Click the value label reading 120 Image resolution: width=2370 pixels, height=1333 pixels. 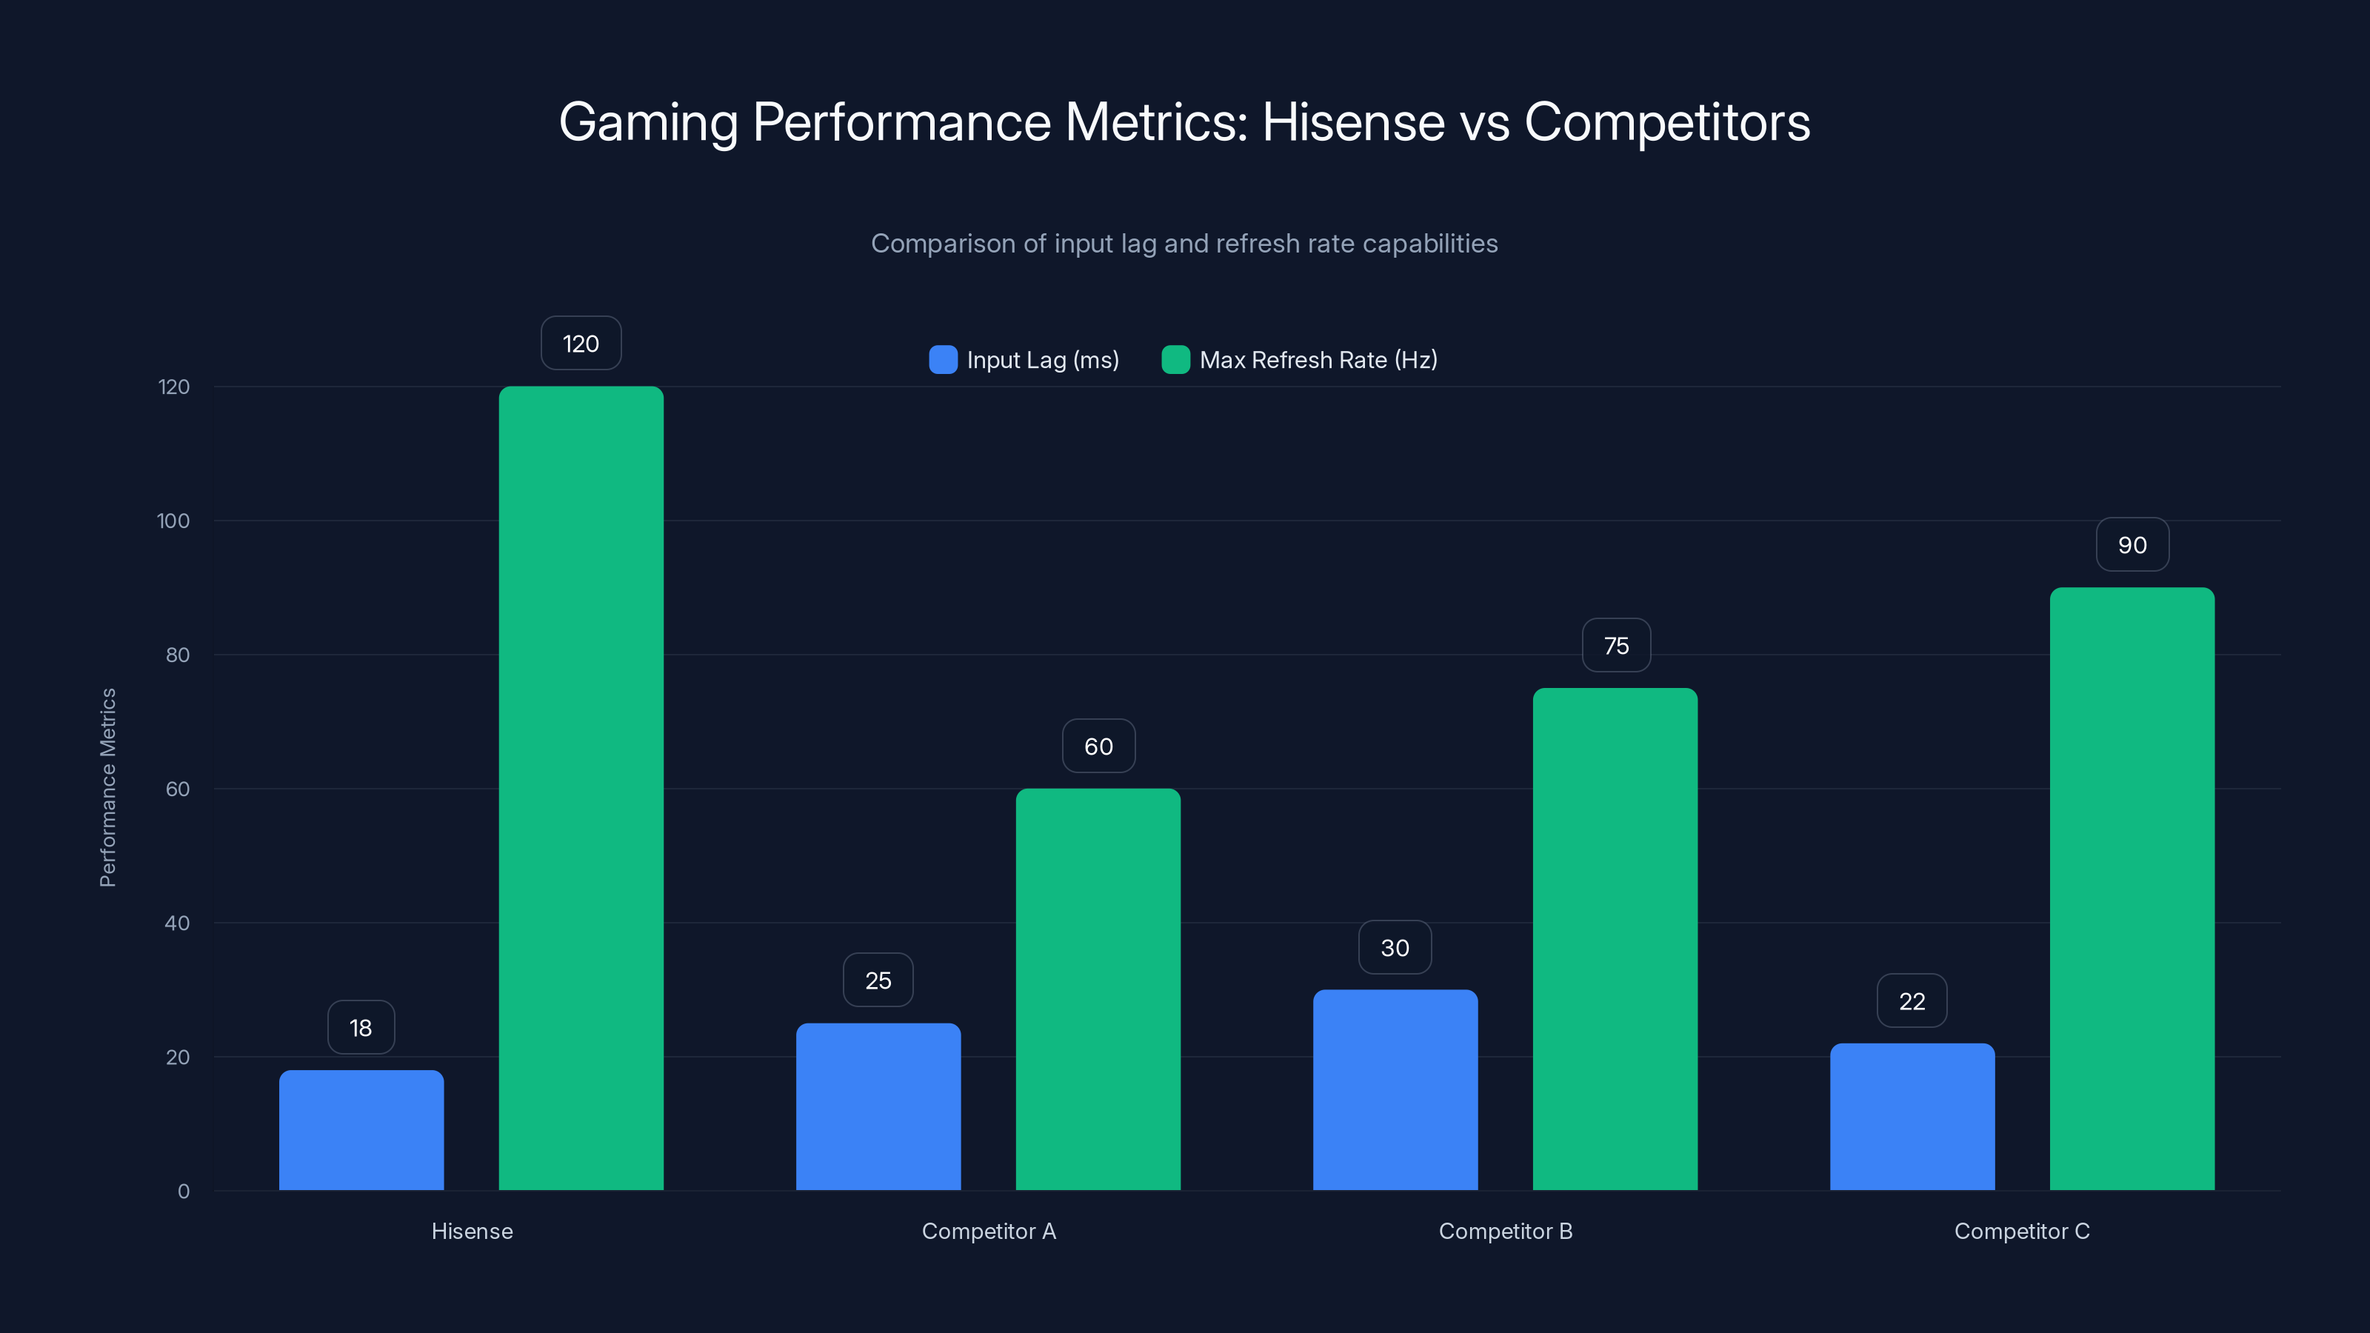581,343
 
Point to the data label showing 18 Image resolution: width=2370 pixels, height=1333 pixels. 361,1028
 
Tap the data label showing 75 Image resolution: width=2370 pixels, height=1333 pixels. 1615,646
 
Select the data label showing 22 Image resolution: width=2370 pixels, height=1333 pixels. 1912,1001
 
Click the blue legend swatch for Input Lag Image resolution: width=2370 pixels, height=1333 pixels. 943,360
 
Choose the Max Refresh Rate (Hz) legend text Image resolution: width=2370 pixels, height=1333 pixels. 1318,360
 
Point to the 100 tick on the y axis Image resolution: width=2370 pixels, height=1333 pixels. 173,521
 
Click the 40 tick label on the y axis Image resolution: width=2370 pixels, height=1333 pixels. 177,923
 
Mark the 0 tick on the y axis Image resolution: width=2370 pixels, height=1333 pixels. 183,1192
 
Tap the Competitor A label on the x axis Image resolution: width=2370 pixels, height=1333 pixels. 988,1231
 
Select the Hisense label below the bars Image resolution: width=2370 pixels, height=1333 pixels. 472,1231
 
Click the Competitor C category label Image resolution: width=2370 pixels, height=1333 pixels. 2021,1231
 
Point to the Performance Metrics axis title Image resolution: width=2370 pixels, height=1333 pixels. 107,787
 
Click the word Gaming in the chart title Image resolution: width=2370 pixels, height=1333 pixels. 648,122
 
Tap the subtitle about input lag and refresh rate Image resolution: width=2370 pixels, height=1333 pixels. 1184,244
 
